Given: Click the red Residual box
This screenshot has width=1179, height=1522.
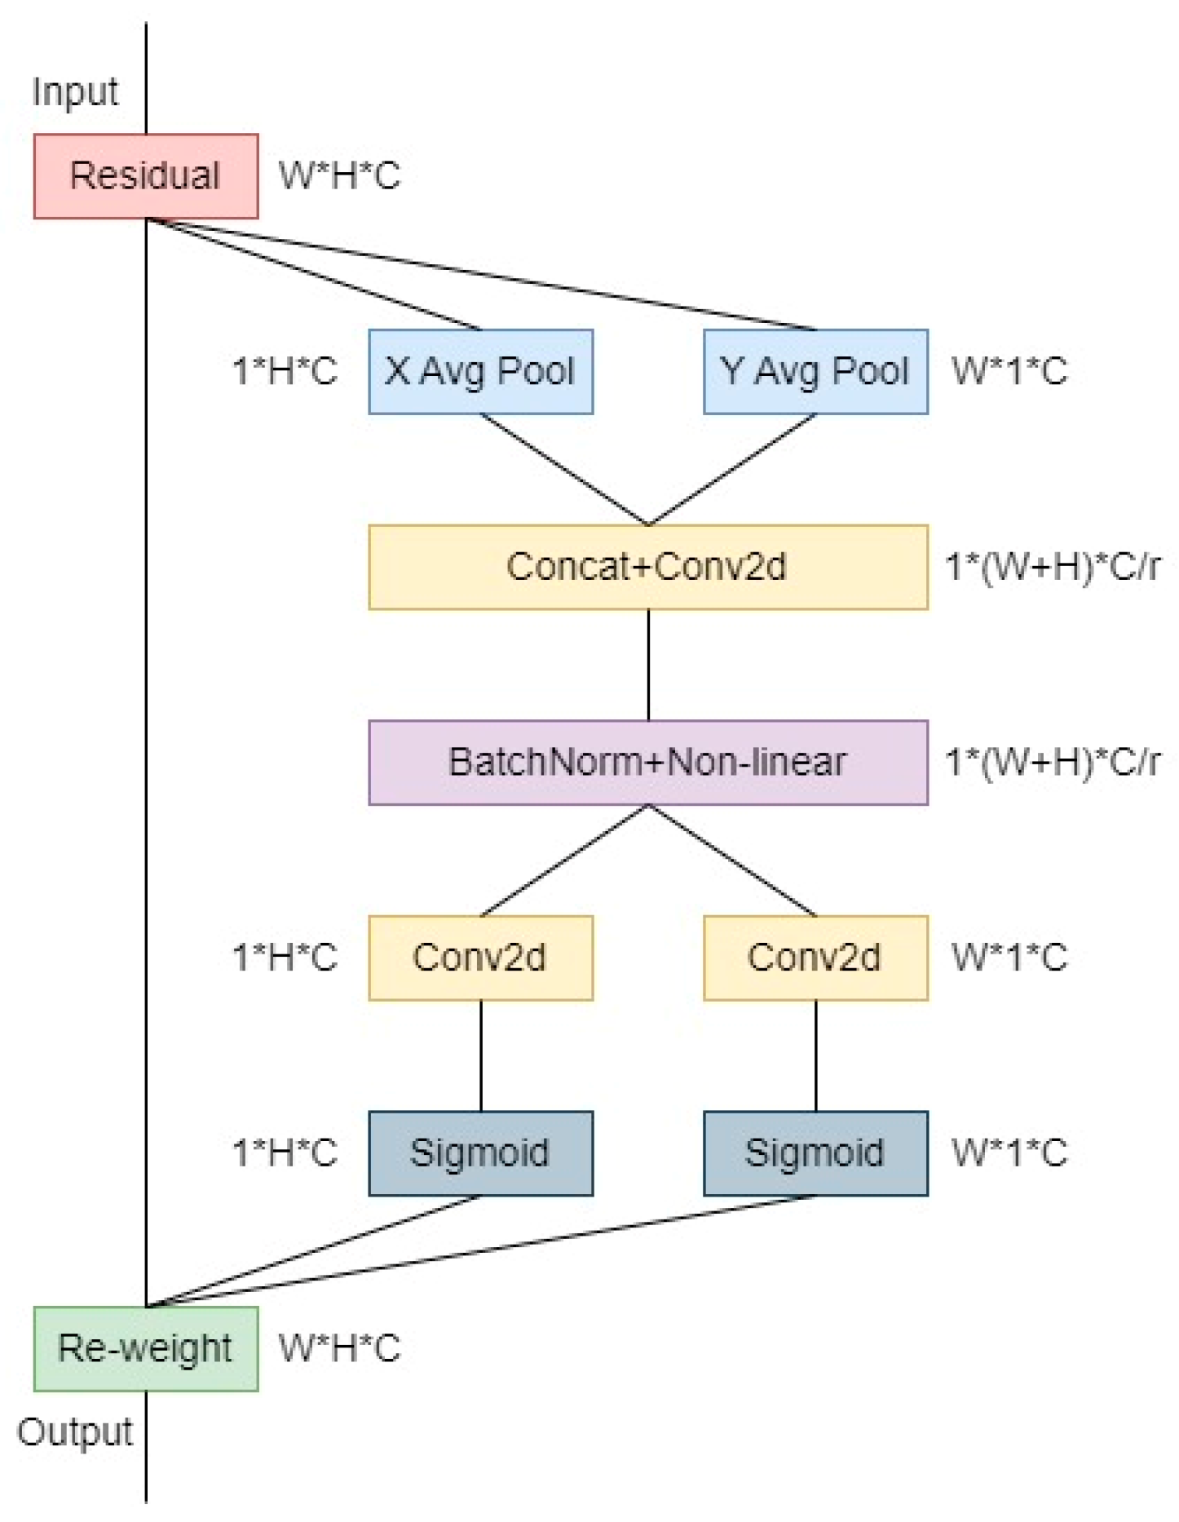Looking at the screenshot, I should coord(146,176).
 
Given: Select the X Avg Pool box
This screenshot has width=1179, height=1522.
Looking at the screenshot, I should coord(480,372).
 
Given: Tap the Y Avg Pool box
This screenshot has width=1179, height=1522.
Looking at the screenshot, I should coord(815,372).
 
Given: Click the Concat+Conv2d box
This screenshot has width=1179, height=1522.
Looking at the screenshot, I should coord(647,567).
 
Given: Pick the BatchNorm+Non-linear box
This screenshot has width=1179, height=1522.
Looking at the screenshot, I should coord(647,763).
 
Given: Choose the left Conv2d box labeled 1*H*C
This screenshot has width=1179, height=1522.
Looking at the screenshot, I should coord(480,958).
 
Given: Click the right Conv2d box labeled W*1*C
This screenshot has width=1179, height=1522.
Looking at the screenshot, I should coord(815,958).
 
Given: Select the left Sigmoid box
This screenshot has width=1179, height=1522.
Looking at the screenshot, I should coord(480,1153).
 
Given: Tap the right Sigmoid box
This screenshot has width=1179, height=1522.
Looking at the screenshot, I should coord(815,1153).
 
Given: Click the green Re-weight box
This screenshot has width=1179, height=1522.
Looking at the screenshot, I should coord(146,1348).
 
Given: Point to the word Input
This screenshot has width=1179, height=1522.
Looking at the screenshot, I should coord(75,92).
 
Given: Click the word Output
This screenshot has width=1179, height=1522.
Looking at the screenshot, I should coord(75,1432).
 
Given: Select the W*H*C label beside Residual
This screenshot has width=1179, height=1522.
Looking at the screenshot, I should coord(339,176).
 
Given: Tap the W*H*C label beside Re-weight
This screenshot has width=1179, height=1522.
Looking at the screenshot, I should coord(339,1348).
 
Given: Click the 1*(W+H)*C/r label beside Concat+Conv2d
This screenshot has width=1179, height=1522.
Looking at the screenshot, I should coord(1052,567).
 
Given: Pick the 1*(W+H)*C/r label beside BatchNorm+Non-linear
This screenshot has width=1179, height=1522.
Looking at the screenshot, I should coord(1052,763).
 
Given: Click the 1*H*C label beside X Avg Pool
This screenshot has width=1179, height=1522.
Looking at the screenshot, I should coord(285,372).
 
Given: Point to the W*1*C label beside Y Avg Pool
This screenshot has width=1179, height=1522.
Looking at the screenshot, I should coord(1009,372).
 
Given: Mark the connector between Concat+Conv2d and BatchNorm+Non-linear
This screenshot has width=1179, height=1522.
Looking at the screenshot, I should coord(648,665).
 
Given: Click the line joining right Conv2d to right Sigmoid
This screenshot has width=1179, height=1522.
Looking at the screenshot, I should coord(816,1055).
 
